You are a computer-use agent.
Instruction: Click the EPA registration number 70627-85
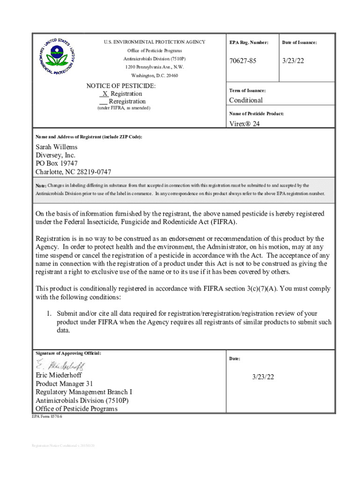[x=243, y=61]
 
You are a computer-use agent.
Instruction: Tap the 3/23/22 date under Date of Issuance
[x=294, y=61]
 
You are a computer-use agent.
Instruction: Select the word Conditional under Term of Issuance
[x=245, y=100]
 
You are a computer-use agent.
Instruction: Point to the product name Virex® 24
[x=244, y=124]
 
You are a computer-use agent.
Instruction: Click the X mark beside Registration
[x=105, y=94]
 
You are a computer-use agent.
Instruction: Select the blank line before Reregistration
[x=103, y=102]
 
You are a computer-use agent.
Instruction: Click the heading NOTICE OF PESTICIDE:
[x=121, y=86]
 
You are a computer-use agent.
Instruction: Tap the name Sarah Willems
[x=57, y=147]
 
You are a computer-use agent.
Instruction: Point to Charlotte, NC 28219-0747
[x=73, y=172]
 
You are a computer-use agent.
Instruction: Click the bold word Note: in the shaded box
[x=41, y=186]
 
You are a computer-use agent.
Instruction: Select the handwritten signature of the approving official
[x=60, y=365]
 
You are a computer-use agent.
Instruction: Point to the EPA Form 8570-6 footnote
[x=46, y=416]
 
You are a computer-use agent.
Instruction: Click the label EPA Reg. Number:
[x=249, y=43]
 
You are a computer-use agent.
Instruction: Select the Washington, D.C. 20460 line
[x=154, y=76]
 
